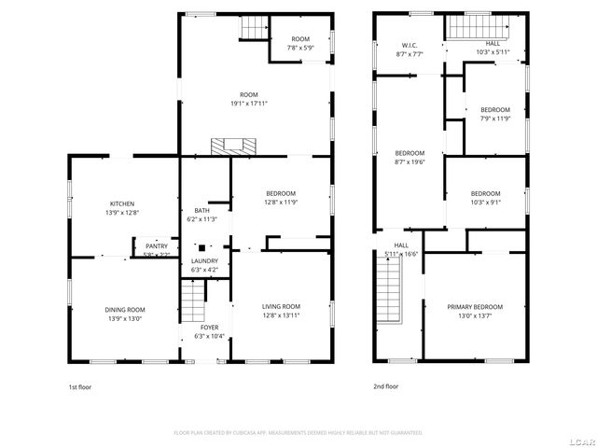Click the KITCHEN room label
pos(122,203)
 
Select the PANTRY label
pos(156,246)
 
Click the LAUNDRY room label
pos(204,261)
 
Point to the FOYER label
pos(211,328)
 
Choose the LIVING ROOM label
pos(280,306)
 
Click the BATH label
pos(201,211)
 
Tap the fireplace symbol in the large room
pos(232,146)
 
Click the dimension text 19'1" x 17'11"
pos(248,104)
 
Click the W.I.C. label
pos(409,45)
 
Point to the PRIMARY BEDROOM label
pos(474,307)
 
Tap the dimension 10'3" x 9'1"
pos(485,203)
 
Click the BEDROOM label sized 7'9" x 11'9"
pos(496,109)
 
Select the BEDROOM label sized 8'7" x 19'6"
pos(410,153)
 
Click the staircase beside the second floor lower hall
pos(387,290)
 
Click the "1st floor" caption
pos(79,386)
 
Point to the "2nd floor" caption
pos(385,386)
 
